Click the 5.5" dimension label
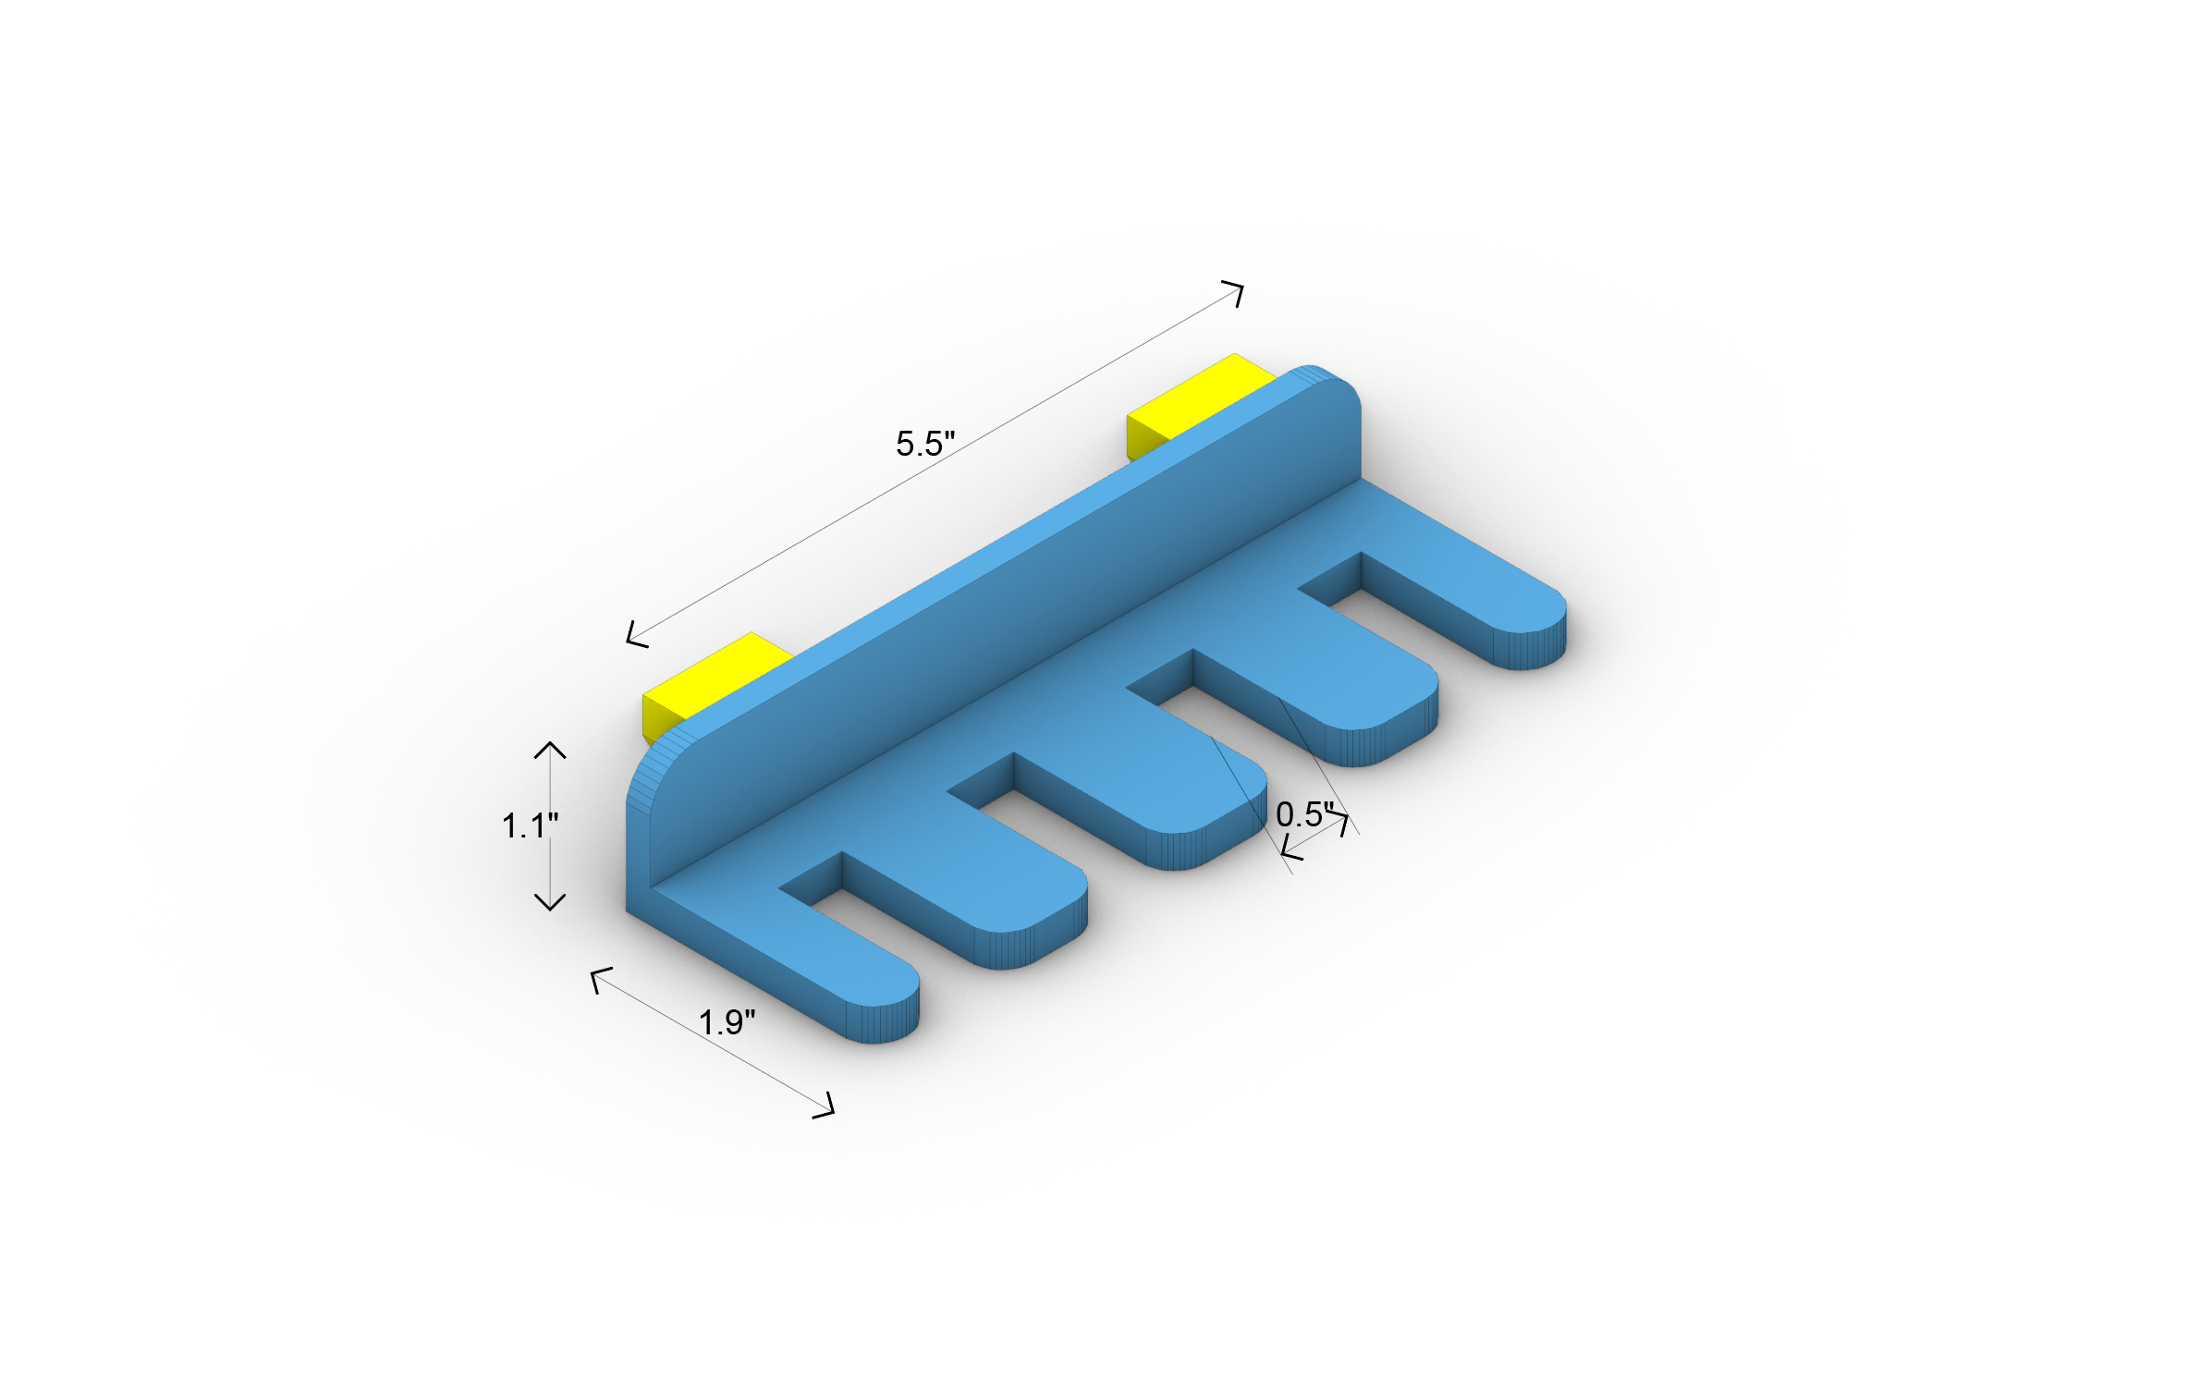tap(924, 444)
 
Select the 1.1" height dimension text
tap(529, 825)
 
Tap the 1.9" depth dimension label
tap(726, 1023)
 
